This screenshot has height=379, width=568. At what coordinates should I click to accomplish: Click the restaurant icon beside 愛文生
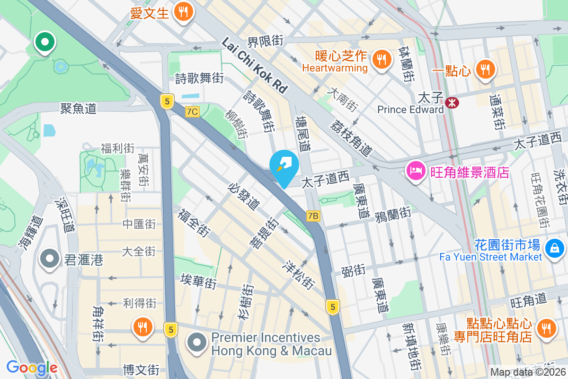pyautogui.click(x=182, y=12)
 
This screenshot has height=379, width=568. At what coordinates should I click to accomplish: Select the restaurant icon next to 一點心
pyautogui.click(x=485, y=70)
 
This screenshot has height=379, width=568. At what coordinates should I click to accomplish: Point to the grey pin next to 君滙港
pyautogui.click(x=49, y=259)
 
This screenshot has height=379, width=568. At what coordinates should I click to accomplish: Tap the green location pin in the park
pyautogui.click(x=45, y=42)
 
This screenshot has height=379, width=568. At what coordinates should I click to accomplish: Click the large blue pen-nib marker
pyautogui.click(x=284, y=166)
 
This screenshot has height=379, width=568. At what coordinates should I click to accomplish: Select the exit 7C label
pyautogui.click(x=192, y=112)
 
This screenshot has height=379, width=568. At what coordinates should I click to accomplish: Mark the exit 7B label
pyautogui.click(x=313, y=216)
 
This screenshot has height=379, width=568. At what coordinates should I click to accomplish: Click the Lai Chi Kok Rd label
pyautogui.click(x=255, y=65)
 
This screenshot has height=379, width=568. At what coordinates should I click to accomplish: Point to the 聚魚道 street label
pyautogui.click(x=78, y=108)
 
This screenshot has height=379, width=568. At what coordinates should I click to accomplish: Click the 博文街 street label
pyautogui.click(x=141, y=369)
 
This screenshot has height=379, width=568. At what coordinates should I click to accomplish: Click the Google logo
pyautogui.click(x=32, y=367)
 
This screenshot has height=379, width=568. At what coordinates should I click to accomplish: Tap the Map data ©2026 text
pyautogui.click(x=528, y=372)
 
